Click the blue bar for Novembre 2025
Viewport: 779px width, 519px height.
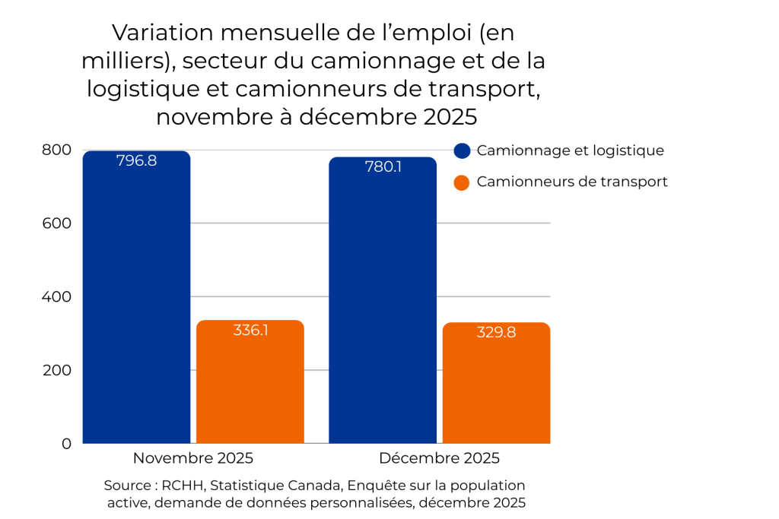pos(136,304)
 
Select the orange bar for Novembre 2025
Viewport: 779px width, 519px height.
pos(250,388)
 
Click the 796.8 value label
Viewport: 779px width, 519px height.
pos(136,161)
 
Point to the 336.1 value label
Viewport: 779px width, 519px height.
pos(250,331)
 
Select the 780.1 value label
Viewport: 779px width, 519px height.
pos(383,167)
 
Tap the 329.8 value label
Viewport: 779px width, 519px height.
pos(496,333)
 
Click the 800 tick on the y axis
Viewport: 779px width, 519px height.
pos(56,150)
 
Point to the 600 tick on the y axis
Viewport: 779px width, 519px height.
pos(56,223)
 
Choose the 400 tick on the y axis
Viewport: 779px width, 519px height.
pos(56,296)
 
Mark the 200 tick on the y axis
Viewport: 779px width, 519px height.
pos(56,370)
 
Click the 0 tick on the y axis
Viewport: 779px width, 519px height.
pos(65,443)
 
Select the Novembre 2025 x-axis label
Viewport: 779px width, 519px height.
pos(193,458)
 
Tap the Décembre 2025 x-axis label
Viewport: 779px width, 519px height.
pos(439,458)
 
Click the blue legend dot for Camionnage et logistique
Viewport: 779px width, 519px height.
pos(462,150)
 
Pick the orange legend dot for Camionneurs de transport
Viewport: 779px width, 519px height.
pos(462,182)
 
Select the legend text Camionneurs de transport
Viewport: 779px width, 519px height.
pos(572,182)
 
